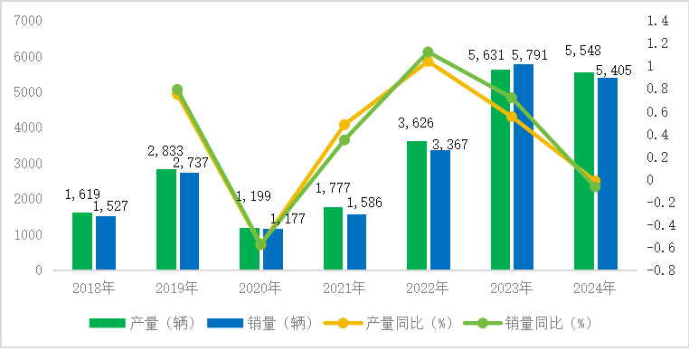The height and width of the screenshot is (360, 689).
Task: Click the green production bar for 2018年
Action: point(82,242)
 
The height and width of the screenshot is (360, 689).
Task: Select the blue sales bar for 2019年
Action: point(189,222)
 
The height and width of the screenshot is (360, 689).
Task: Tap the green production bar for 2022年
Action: point(417,205)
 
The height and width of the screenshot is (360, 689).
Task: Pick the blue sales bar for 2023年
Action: point(524,167)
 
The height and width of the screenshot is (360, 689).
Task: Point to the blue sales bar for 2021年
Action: point(356,242)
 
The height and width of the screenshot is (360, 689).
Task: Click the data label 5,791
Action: point(529,55)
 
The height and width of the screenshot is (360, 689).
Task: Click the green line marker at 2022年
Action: point(429,52)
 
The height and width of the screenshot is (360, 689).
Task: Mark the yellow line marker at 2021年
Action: point(344,125)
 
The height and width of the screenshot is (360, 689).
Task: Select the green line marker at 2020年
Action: point(261,244)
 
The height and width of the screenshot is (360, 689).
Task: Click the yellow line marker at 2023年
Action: point(512,117)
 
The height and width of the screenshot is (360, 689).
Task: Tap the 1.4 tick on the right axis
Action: point(657,20)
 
